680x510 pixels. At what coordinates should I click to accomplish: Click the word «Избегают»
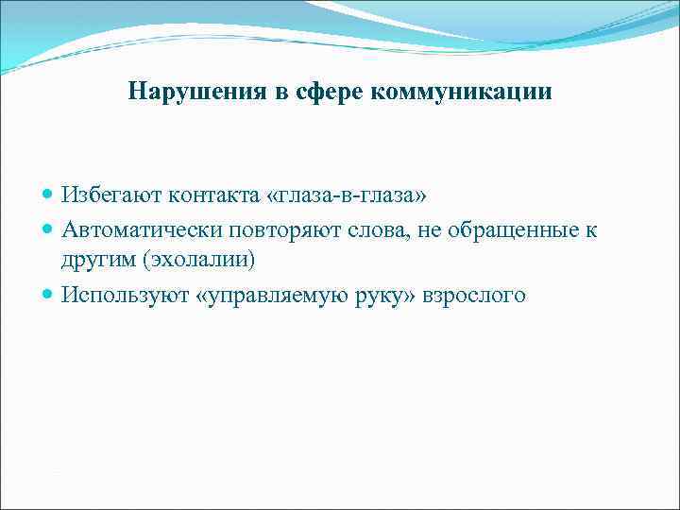111,195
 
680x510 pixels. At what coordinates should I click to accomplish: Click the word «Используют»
126,296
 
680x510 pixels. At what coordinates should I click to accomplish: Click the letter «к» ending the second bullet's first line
591,229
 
